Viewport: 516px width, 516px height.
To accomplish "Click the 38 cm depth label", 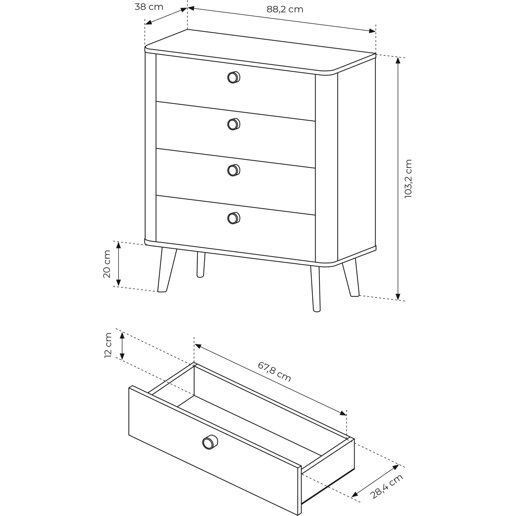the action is click(x=149, y=7).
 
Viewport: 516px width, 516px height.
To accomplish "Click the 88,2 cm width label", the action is click(x=285, y=10).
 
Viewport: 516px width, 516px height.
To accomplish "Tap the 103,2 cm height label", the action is click(x=408, y=179).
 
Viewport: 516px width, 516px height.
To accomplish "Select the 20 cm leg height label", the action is click(x=107, y=264).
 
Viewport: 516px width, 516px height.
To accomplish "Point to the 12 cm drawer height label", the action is click(x=108, y=345).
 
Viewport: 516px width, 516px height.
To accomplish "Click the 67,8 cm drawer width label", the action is click(x=274, y=372).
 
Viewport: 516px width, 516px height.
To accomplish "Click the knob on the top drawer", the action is click(x=234, y=77).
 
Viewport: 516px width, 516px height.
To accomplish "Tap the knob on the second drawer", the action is click(x=234, y=124).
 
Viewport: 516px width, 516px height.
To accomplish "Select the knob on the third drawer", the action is click(x=234, y=170).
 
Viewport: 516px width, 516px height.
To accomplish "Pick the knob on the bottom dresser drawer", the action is click(x=234, y=218).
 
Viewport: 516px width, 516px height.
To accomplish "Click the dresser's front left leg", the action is click(x=167, y=270).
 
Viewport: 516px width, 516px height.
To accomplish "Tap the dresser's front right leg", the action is click(x=316, y=289).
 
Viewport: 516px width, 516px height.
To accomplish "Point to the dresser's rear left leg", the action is click(x=201, y=265).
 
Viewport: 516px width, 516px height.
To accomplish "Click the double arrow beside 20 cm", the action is click(x=119, y=264).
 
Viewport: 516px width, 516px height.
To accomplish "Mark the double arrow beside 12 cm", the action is click(x=122, y=346).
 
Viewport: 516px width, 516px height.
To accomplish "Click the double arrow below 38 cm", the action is click(x=166, y=16).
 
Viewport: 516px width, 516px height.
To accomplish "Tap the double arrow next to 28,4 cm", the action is click(x=375, y=480).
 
